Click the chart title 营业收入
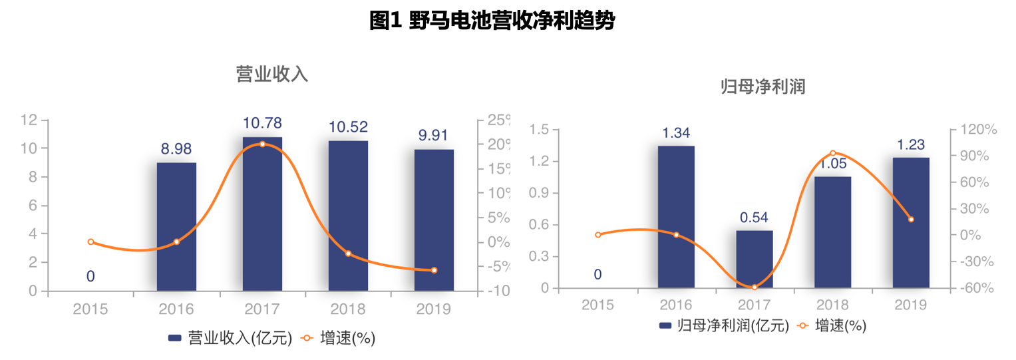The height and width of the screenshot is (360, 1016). coord(272,73)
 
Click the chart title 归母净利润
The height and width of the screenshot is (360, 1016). coord(763,87)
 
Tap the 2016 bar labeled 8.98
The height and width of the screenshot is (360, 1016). coord(176,226)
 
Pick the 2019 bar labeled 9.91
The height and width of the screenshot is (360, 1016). coord(434,220)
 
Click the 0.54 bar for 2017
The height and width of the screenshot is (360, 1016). coord(754,259)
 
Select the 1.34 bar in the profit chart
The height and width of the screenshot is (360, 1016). coord(676,217)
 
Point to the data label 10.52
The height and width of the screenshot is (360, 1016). coord(348,126)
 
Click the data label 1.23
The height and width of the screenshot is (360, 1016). coord(910,144)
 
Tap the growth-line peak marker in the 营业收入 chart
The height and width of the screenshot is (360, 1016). coord(262,144)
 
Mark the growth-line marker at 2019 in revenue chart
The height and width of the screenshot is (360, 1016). coord(434,270)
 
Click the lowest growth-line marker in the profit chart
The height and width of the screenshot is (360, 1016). coord(754,287)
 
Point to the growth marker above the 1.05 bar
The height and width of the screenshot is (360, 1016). coord(832,153)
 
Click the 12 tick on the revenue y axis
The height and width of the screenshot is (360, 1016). coord(29,120)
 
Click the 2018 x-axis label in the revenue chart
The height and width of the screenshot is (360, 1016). coord(348,309)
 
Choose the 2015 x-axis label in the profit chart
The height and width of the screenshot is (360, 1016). coord(597,305)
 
